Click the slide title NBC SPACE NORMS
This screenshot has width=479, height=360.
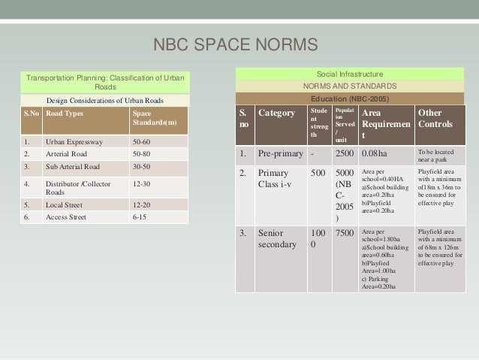pyautogui.click(x=236, y=47)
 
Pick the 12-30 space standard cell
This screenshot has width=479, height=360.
pyautogui.click(x=142, y=183)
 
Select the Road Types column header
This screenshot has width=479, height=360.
pyautogui.click(x=65, y=114)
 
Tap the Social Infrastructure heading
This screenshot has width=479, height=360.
pyautogui.click(x=350, y=75)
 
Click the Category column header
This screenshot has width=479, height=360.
pyautogui.click(x=276, y=114)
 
